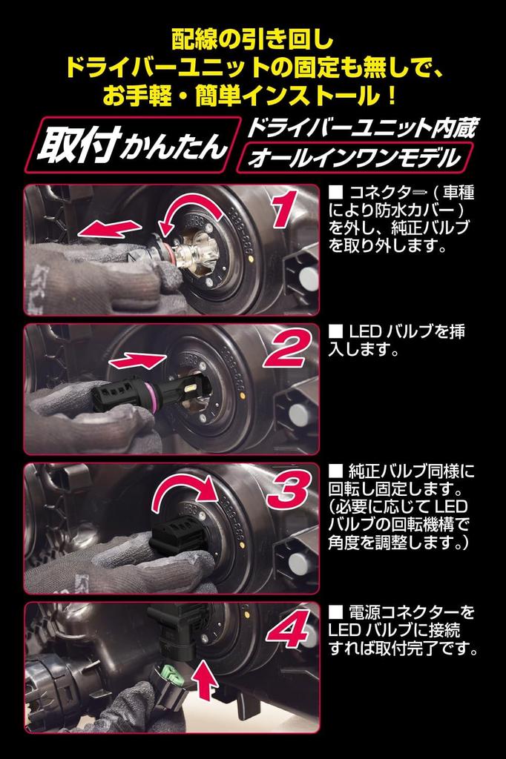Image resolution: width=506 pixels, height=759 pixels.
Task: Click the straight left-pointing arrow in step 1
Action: click(x=110, y=228)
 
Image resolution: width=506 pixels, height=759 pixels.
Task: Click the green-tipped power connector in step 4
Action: click(x=168, y=682)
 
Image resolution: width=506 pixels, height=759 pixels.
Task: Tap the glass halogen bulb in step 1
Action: click(x=192, y=252)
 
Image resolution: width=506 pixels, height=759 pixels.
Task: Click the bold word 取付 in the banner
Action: click(x=79, y=145)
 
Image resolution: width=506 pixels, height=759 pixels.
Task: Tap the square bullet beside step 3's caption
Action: click(x=335, y=470)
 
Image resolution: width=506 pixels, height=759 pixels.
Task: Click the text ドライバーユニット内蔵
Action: click(x=361, y=127)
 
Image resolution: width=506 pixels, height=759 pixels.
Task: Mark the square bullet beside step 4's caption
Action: click(x=335, y=611)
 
